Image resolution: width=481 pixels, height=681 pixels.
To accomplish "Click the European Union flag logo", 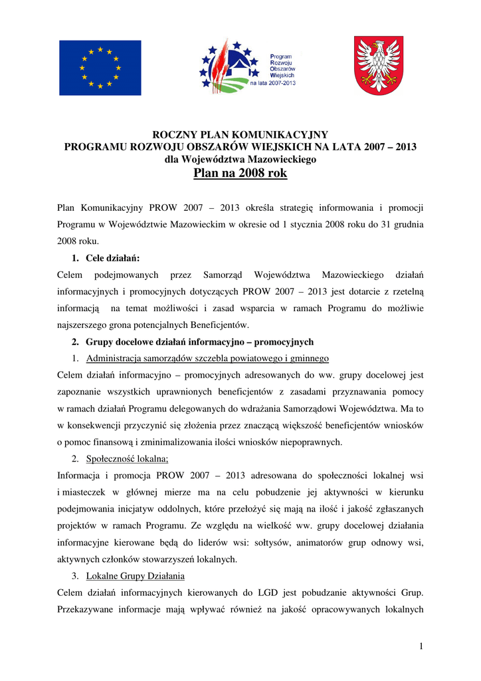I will [x=100, y=68].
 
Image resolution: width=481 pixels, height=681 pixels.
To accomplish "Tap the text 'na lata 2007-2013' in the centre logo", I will [x=272, y=84].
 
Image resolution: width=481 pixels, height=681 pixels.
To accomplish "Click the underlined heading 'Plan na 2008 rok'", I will [x=241, y=174].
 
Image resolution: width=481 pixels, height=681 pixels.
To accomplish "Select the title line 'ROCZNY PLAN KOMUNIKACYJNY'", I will [x=241, y=135].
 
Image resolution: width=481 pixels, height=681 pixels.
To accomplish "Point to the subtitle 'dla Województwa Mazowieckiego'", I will [x=241, y=159].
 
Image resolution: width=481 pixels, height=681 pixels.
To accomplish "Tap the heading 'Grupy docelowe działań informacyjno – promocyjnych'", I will [x=199, y=342].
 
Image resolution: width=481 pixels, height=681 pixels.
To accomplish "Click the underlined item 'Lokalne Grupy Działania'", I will [x=136, y=575].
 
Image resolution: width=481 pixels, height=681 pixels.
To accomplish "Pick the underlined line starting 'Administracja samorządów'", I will [x=207, y=359].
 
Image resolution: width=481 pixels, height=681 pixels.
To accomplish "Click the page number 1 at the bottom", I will [x=421, y=646].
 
